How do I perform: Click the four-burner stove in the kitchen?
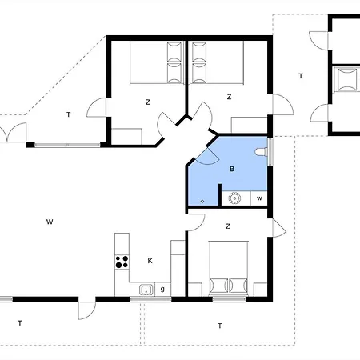[x=123, y=260]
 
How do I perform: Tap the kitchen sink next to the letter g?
[x=146, y=289]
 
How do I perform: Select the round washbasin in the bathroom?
[x=236, y=198]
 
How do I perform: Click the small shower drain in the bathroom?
[x=202, y=200]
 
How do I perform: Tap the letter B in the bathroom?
[x=232, y=170]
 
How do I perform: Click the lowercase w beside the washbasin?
[x=259, y=198]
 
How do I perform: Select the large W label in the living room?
[x=50, y=220]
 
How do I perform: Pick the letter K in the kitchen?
[x=150, y=260]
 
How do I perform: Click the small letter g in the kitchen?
[x=162, y=288]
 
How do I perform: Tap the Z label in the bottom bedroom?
[x=229, y=226]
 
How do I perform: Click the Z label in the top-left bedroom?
[x=148, y=102]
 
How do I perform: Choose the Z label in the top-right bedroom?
[x=229, y=97]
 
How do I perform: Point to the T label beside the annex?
[x=301, y=76]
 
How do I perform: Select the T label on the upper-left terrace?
[x=69, y=115]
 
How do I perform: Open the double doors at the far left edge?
[x=6, y=133]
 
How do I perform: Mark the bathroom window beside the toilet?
[x=270, y=150]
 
